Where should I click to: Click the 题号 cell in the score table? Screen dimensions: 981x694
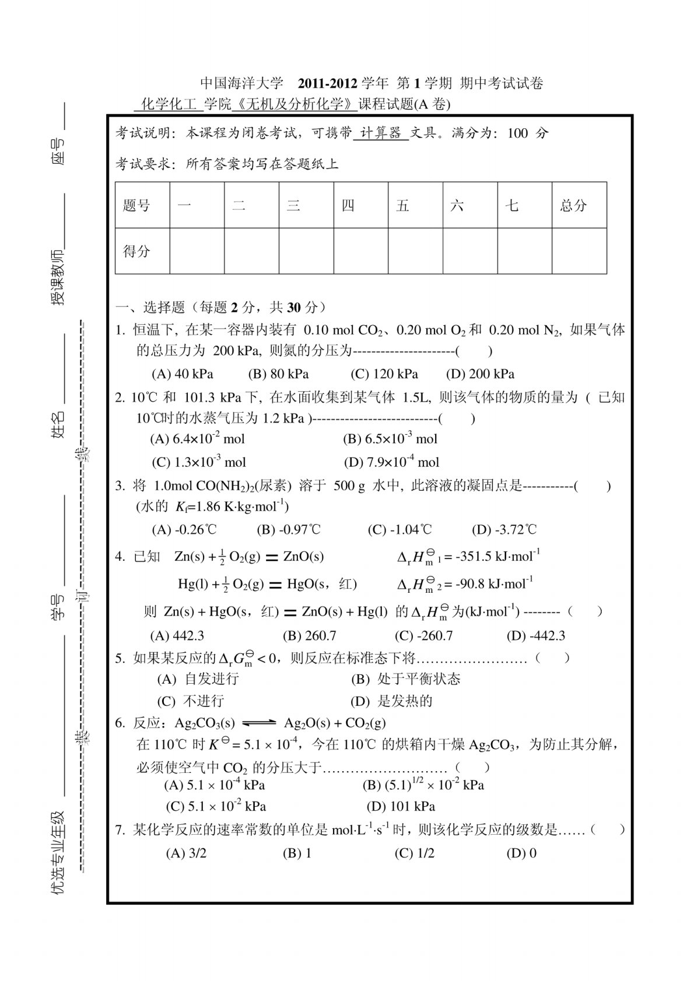click(x=136, y=205)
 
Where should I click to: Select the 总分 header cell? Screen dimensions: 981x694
click(x=573, y=205)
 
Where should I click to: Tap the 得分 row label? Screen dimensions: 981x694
click(x=136, y=251)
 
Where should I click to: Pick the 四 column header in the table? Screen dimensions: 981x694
click(x=348, y=205)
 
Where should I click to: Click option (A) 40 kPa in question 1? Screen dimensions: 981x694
click(x=182, y=374)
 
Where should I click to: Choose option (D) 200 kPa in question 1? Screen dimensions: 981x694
click(x=480, y=374)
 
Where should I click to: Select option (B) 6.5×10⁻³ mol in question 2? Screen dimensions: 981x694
click(x=390, y=439)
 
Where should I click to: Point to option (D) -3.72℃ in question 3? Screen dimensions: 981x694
click(x=504, y=530)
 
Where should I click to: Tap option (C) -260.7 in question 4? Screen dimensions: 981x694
click(x=423, y=636)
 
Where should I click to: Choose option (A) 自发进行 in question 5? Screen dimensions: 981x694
click(x=198, y=679)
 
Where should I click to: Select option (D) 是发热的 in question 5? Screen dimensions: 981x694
click(x=391, y=701)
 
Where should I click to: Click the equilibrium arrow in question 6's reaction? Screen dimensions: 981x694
click(x=259, y=723)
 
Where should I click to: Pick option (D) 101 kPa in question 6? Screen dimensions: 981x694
click(x=401, y=807)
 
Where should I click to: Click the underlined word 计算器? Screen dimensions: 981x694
click(x=381, y=133)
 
